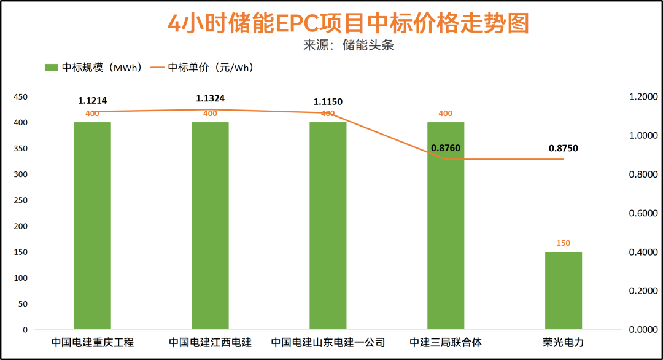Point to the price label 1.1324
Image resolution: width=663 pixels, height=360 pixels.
[x=210, y=98]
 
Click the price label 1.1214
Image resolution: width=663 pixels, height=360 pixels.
[x=93, y=101]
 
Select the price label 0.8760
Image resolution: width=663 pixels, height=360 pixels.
[x=446, y=148]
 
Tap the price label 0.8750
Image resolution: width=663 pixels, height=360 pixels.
[x=563, y=148]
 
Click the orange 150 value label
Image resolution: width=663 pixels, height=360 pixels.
[x=563, y=243]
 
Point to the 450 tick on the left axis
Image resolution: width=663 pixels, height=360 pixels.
[x=21, y=97]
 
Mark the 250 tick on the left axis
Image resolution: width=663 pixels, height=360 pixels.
[x=21, y=200]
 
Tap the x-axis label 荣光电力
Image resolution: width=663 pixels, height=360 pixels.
[x=563, y=343]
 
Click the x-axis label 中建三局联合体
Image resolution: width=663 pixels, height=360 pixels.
[x=446, y=343]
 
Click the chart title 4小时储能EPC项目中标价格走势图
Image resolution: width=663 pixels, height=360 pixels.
[x=347, y=23]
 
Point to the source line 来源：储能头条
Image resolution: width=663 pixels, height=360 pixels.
[x=347, y=45]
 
